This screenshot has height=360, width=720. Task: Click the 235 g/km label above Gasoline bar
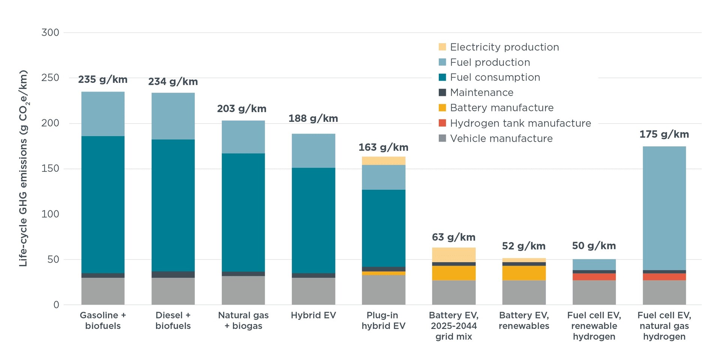(103, 79)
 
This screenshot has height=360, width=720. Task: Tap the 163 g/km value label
(383, 147)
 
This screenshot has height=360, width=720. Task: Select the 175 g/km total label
(664, 134)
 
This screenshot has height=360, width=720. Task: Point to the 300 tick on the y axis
(50, 33)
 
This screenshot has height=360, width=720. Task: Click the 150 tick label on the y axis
(50, 169)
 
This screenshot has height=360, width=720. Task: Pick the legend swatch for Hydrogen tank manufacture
(442, 123)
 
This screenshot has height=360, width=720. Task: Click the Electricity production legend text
(504, 47)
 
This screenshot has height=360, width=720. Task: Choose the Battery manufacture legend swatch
(442, 108)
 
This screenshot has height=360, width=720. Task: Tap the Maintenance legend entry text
(481, 92)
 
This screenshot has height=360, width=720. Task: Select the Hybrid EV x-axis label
(313, 315)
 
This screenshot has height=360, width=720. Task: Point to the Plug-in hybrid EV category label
(383, 321)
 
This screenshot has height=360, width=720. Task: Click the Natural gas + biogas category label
(243, 321)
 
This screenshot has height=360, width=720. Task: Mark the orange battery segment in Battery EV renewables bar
(524, 273)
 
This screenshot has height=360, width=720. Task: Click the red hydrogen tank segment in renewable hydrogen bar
(594, 277)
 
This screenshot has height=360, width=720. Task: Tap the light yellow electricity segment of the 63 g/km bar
(454, 255)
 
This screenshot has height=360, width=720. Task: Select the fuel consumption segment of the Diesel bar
(173, 205)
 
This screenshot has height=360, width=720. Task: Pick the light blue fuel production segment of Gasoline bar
(103, 114)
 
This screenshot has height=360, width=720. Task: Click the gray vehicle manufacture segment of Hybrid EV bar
(313, 291)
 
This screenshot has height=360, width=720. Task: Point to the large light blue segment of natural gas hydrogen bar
(664, 208)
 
